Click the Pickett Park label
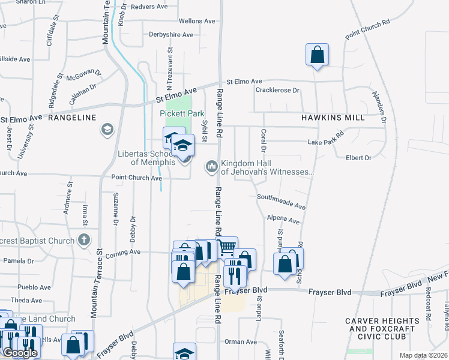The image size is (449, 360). click(x=182, y=113)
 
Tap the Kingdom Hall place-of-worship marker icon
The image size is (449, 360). click(x=211, y=165)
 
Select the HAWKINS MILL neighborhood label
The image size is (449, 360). click(x=333, y=118)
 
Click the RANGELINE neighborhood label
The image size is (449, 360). click(x=72, y=118)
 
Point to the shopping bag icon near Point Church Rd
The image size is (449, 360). click(x=316, y=55)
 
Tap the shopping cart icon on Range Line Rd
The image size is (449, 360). click(x=226, y=247)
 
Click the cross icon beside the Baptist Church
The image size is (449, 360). click(x=84, y=241)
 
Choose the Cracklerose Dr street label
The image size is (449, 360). click(x=277, y=91)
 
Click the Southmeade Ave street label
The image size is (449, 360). click(x=281, y=201)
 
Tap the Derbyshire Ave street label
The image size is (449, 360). click(x=171, y=35)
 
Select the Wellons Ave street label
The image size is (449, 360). click(x=196, y=21)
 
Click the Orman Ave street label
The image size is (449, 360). click(x=241, y=342)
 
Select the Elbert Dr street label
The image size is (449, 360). click(x=358, y=158)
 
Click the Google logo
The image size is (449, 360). click(x=20, y=353)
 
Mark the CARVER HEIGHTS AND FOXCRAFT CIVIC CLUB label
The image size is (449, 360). click(x=381, y=329)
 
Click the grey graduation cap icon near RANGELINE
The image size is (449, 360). click(x=107, y=130)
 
